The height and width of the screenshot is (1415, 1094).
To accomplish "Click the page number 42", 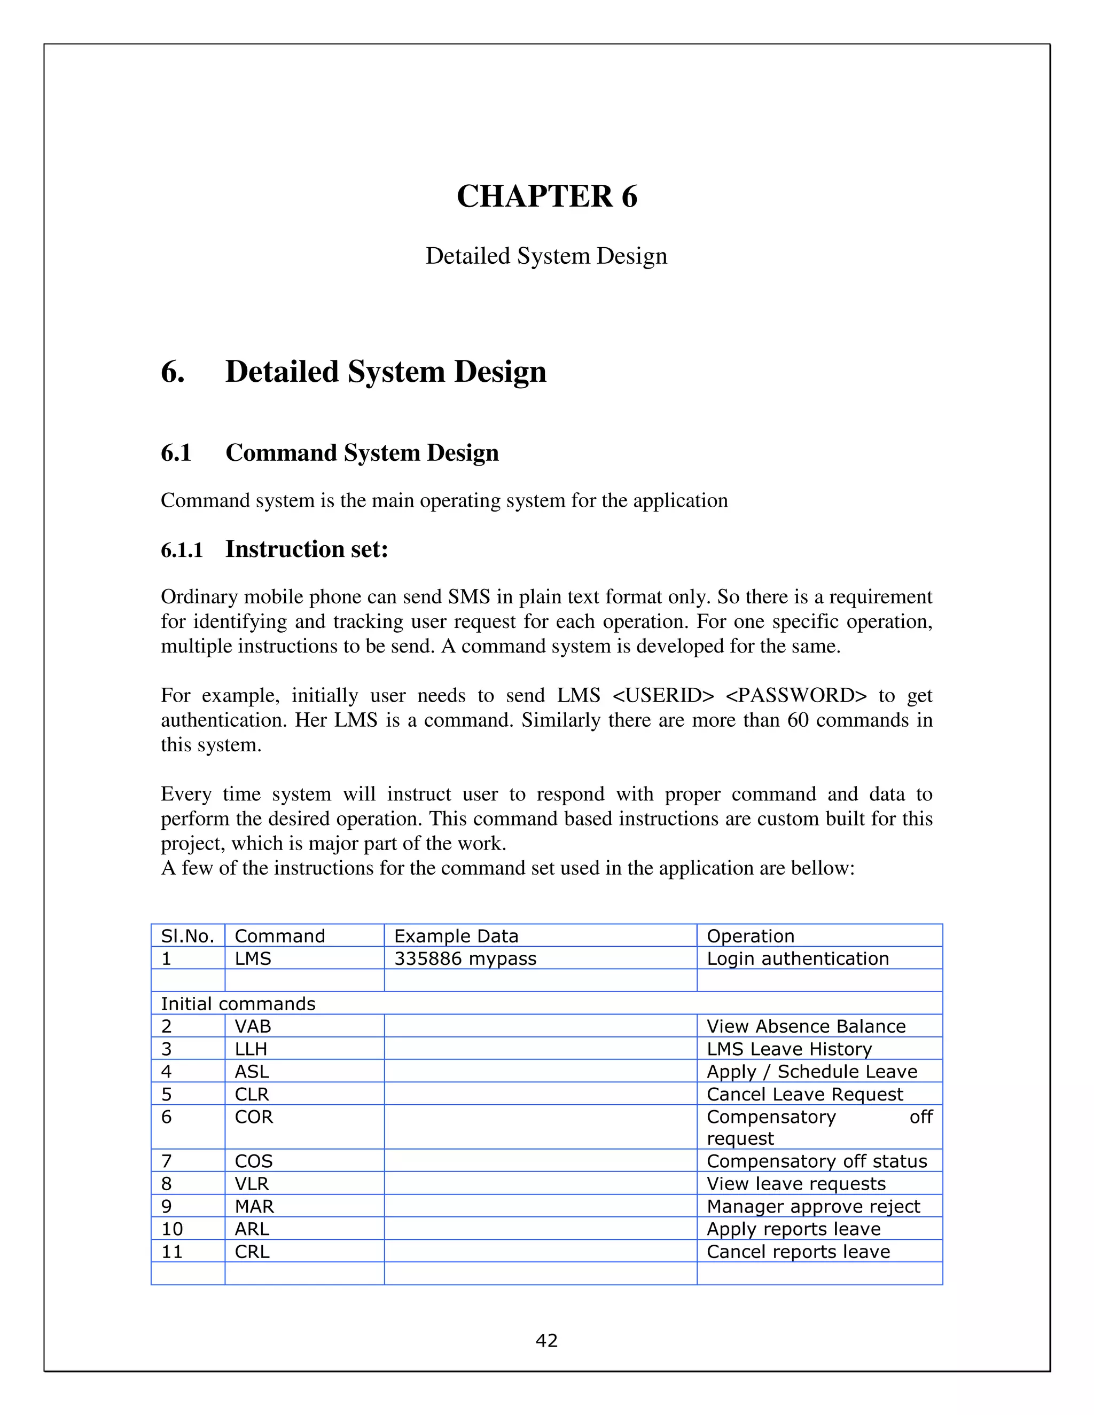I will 546,1340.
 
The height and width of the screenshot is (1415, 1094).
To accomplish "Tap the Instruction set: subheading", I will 306,549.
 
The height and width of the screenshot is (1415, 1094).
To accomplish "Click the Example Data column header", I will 456,936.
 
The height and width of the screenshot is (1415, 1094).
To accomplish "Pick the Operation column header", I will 750,936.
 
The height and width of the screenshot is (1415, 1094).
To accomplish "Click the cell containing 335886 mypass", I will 465,958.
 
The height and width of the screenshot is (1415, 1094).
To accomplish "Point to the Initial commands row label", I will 238,1004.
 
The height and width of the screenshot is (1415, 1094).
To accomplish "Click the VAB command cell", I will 253,1026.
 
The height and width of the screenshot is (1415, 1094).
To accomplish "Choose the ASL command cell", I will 252,1072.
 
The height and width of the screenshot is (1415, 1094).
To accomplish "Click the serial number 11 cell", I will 172,1252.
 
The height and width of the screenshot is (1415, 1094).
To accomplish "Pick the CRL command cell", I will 252,1252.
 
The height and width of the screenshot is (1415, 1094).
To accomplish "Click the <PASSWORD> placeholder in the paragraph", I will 796,695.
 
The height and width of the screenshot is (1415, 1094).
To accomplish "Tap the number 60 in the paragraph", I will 798,720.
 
